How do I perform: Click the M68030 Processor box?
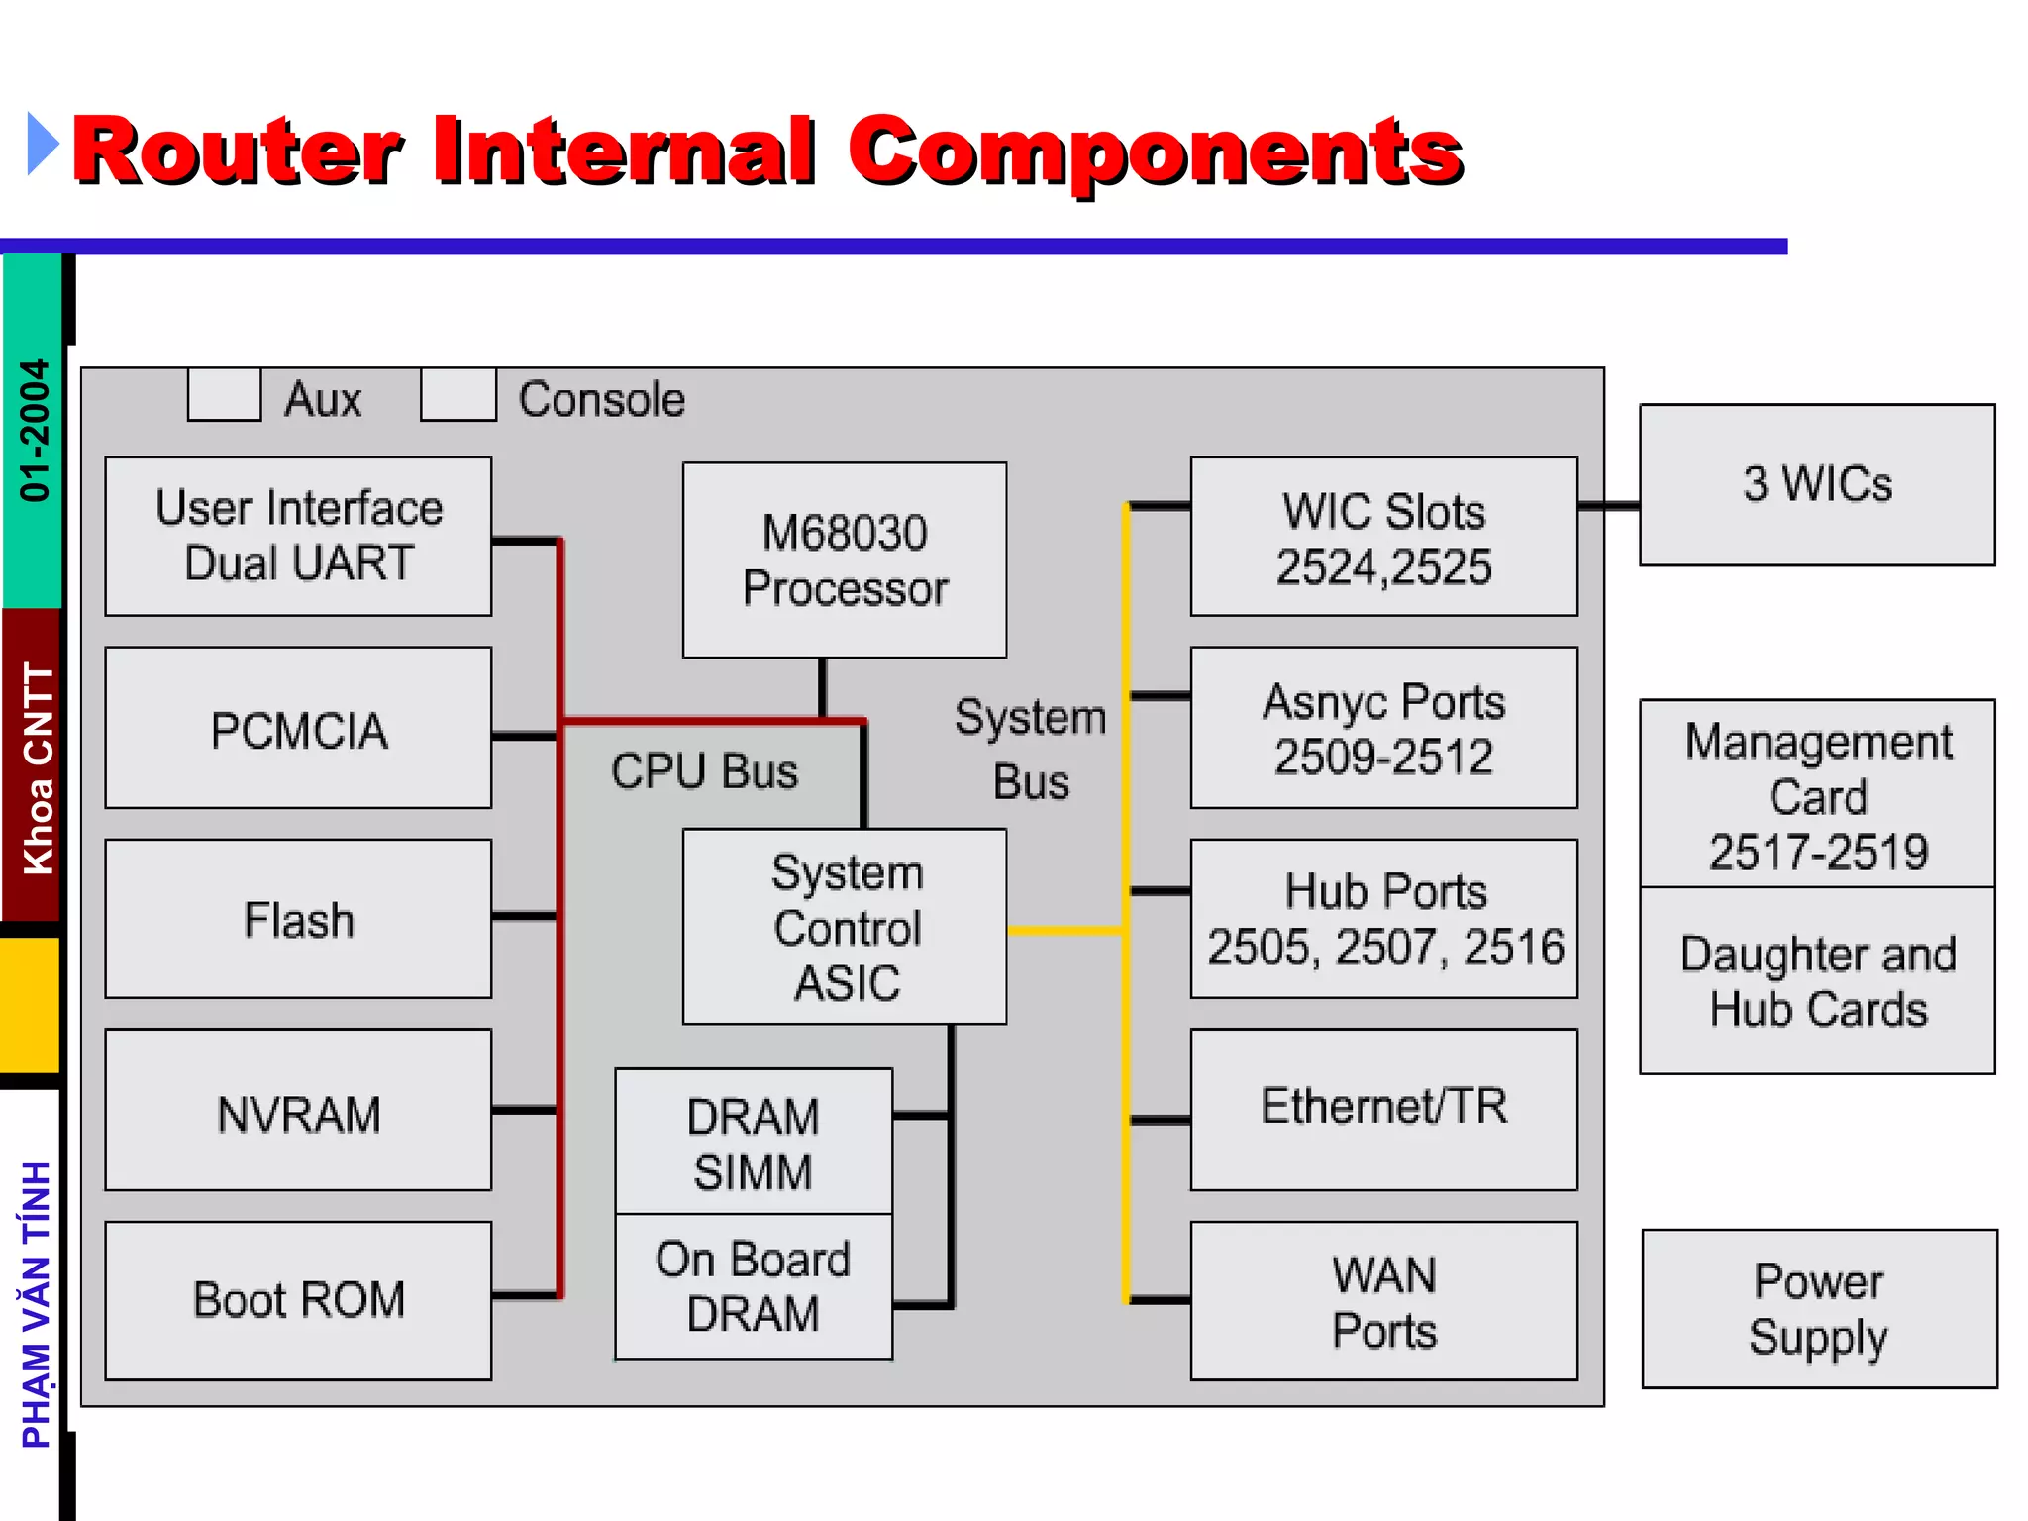tap(845, 559)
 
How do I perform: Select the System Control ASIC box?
tap(845, 927)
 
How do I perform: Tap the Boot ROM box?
tap(298, 1300)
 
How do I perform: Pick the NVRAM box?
tap(298, 1110)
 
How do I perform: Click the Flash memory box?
tap(298, 919)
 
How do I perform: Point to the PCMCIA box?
tap(298, 728)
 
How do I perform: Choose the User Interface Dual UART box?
tap(298, 536)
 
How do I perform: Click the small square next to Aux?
tap(225, 395)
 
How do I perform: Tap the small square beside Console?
tap(458, 395)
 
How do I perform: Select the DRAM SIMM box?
tap(754, 1142)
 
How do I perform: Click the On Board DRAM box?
tap(754, 1286)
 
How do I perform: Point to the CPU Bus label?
tap(704, 771)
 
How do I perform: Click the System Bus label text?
tap(1031, 749)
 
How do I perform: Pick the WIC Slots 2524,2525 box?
tap(1383, 537)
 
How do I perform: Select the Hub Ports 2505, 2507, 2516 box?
tap(1383, 919)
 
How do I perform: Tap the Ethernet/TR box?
tap(1383, 1109)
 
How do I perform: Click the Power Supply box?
tap(1819, 1308)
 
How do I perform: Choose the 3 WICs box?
tap(1817, 485)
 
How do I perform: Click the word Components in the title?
tap(1156, 151)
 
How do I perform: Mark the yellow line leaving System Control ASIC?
tap(1065, 931)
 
